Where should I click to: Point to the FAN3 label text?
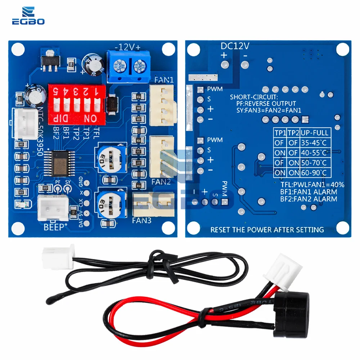pos(142,219)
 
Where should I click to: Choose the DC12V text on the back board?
pos(235,46)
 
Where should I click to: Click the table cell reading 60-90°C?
pos(315,173)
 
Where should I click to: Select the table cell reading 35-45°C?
pos(315,143)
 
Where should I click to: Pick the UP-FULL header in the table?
pos(315,133)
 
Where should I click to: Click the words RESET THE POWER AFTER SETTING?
pos(267,229)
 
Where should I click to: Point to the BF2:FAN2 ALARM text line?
pos(309,199)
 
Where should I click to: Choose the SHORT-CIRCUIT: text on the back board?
pos(254,97)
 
